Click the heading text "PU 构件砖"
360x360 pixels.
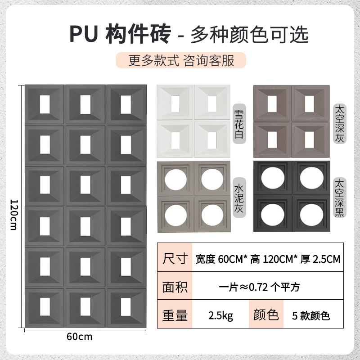tap(120, 35)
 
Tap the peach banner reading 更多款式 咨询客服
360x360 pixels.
tap(181, 60)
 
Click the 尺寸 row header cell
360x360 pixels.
tap(175, 259)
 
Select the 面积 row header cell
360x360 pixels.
tap(175, 287)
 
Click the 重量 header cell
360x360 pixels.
tap(175, 315)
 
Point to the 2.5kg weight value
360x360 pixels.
tap(220, 315)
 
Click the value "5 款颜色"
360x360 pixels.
tap(311, 315)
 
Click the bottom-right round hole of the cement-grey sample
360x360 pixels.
tap(212, 211)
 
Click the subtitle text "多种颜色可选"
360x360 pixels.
tap(250, 35)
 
